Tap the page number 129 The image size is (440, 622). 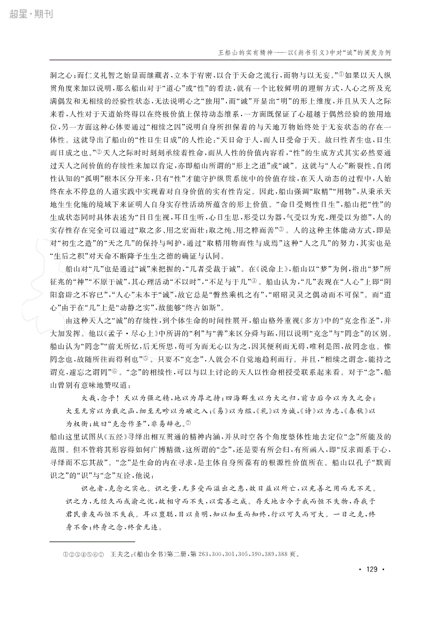coord(371,585)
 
